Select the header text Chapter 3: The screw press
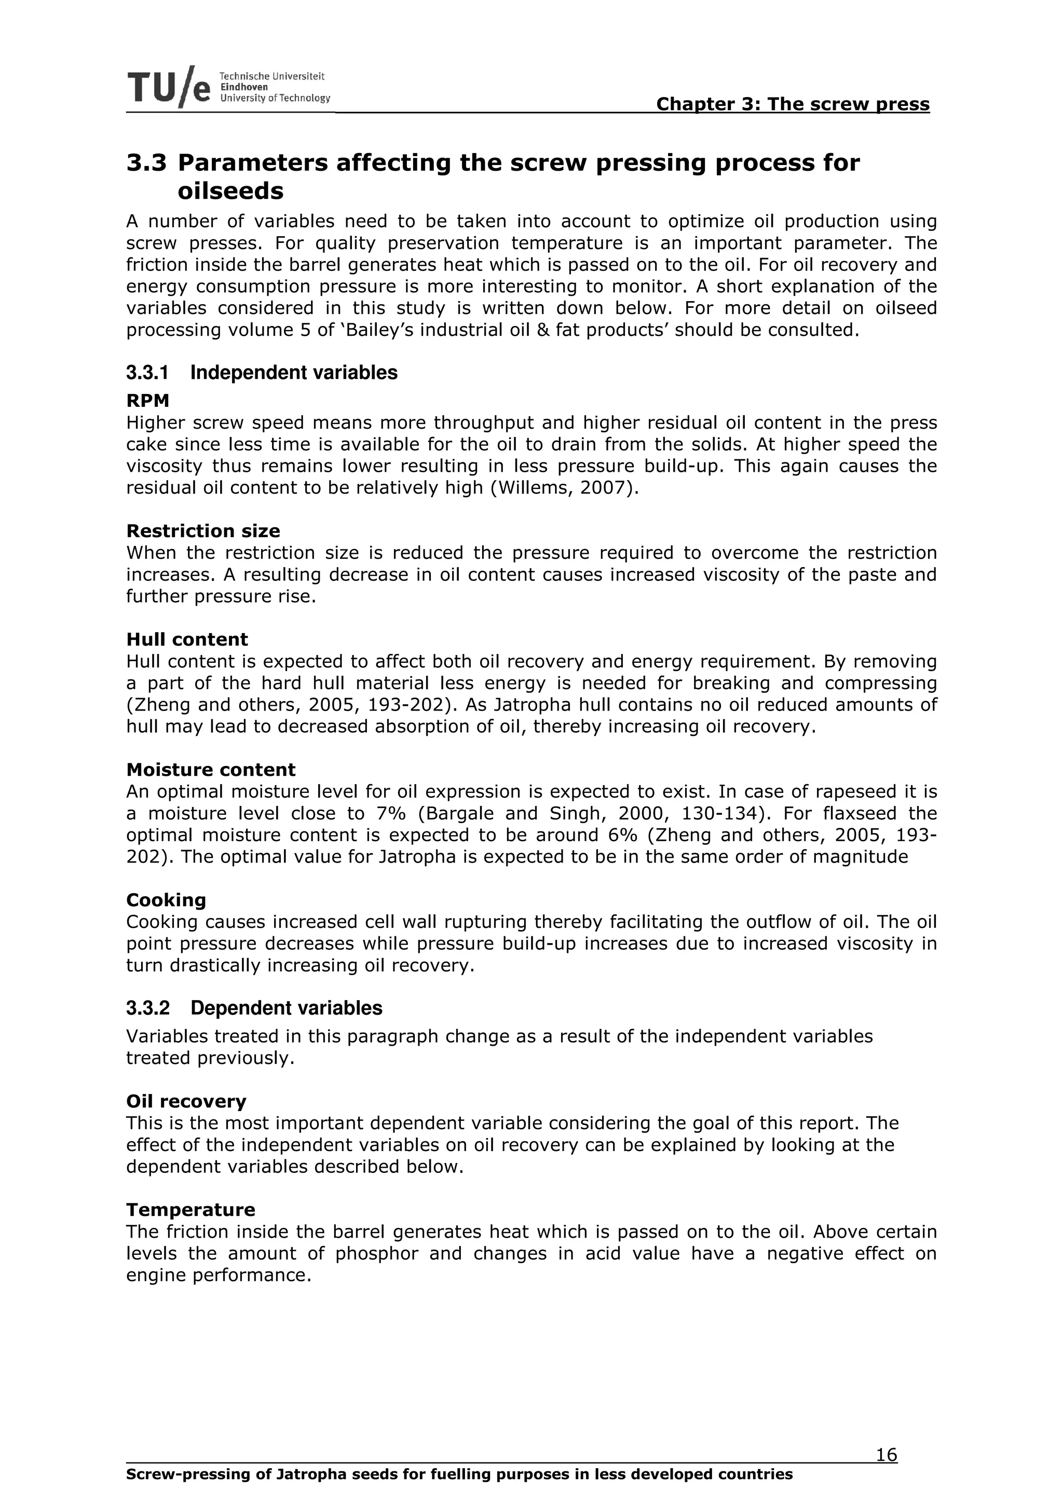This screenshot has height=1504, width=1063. point(793,104)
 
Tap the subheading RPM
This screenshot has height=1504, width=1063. point(147,400)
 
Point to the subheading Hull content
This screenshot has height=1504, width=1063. point(187,639)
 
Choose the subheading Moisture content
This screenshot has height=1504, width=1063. point(211,770)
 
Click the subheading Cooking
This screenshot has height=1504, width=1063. point(167,900)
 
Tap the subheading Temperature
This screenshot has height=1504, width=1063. point(190,1209)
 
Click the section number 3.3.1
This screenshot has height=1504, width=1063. point(147,373)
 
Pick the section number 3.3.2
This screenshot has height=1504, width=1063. point(147,1008)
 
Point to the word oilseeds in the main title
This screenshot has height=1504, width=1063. point(230,192)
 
